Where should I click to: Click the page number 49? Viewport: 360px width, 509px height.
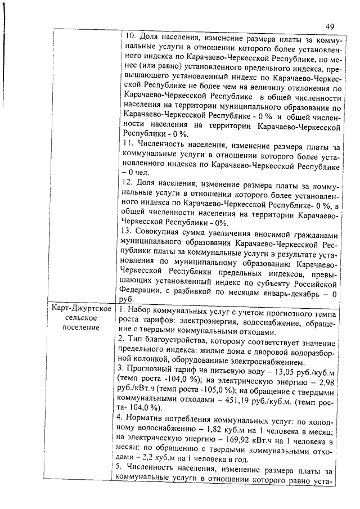tap(330, 26)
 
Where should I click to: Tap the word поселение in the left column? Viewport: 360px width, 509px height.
tap(78, 328)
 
